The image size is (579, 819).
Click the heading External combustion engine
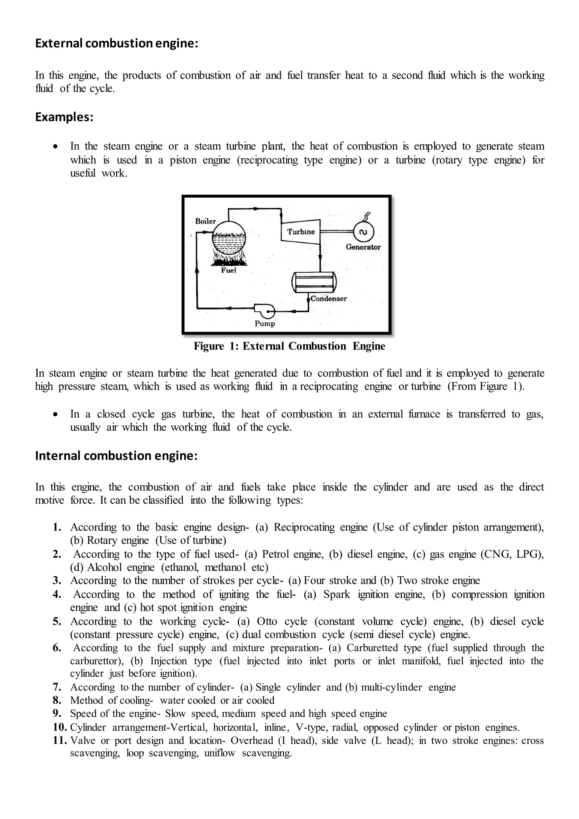click(116, 43)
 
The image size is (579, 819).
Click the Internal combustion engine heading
click(116, 456)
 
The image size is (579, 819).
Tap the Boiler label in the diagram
click(205, 221)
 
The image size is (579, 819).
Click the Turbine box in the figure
click(301, 232)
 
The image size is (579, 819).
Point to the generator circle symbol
click(363, 232)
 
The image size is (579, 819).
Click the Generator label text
click(363, 247)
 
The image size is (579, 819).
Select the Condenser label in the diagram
click(328, 299)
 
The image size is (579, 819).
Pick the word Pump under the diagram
click(265, 324)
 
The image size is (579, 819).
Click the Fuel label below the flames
click(228, 270)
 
